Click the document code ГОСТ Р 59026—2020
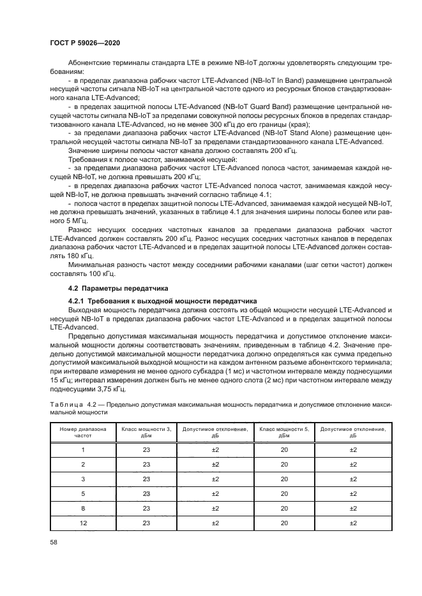[86, 42]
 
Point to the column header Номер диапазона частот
[82, 433]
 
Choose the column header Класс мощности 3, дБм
[146, 433]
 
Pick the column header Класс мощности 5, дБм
[284, 433]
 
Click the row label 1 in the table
[82, 449]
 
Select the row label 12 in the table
[82, 523]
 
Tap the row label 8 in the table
[82, 508]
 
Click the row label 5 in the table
[82, 493]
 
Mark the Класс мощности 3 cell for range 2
[146, 464]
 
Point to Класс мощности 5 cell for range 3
[284, 479]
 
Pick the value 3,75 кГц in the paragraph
[109, 388]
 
